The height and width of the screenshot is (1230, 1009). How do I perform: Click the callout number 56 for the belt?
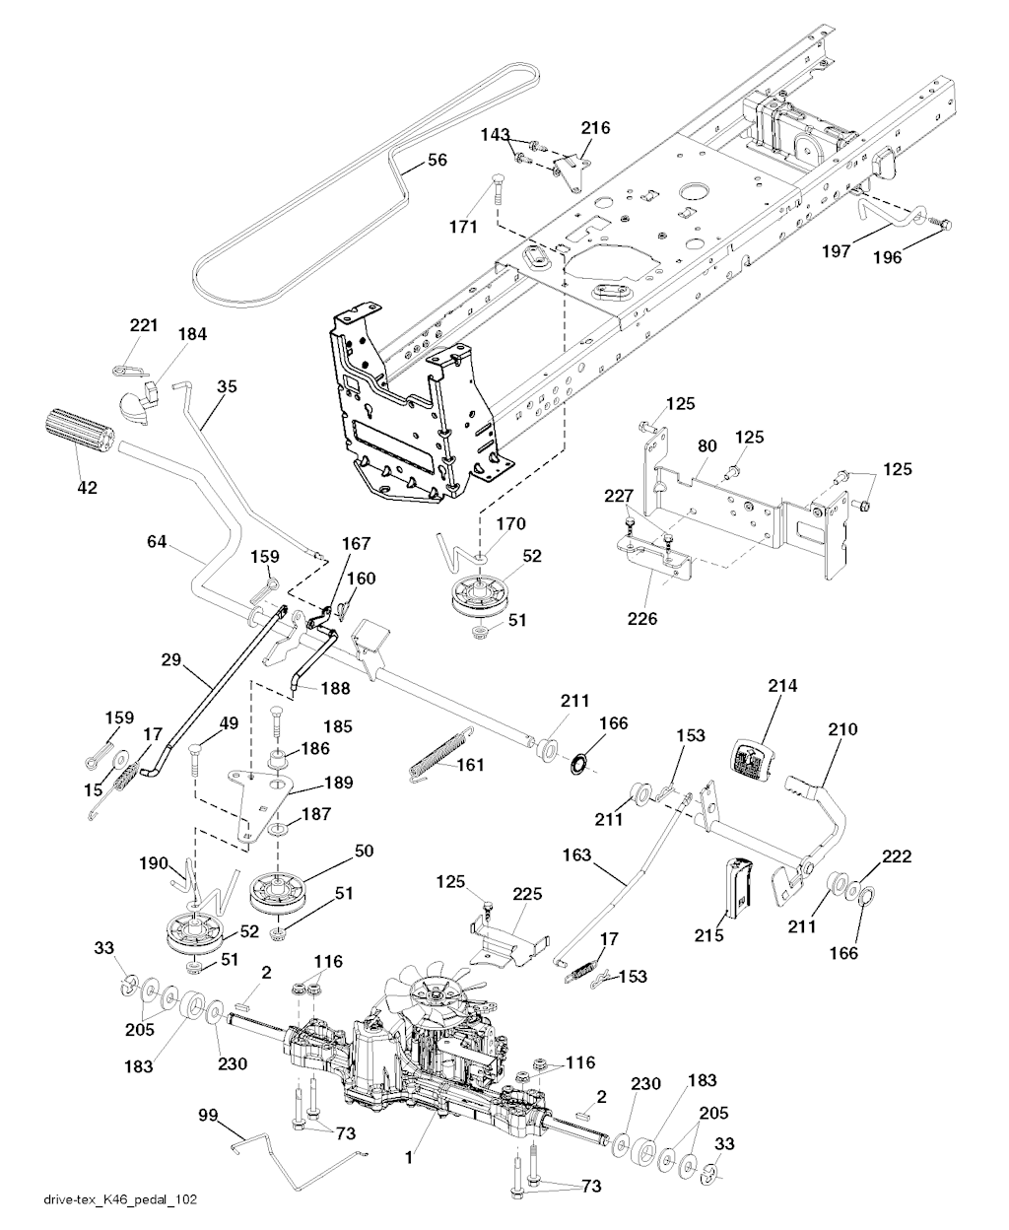tap(437, 160)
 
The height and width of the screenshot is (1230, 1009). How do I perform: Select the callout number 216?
tap(595, 128)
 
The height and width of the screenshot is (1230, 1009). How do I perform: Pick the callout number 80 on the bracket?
tap(706, 444)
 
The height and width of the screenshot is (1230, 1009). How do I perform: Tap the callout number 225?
tap(527, 896)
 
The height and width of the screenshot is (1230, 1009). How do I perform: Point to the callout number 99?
tap(207, 1115)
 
